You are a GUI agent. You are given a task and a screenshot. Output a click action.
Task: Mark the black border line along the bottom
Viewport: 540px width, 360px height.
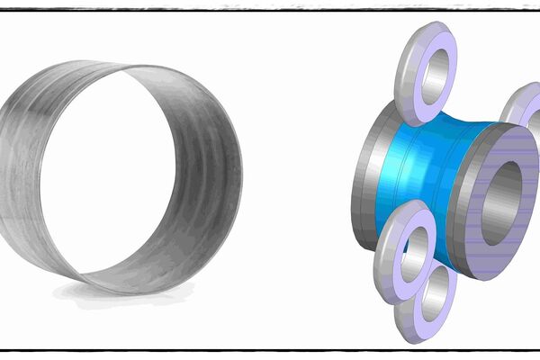pos(270,348)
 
